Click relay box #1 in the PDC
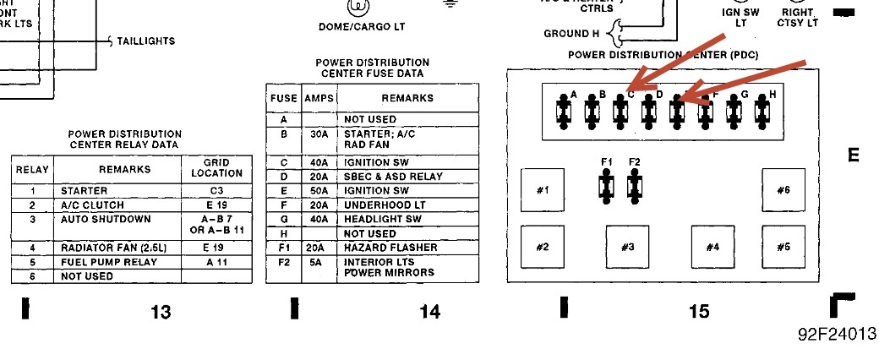tap(543, 189)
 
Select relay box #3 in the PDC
tap(627, 247)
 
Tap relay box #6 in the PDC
tap(783, 189)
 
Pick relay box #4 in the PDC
tap(712, 247)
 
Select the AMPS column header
tap(319, 98)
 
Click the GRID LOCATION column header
tap(216, 167)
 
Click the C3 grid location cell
tap(216, 191)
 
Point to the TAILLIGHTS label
tap(146, 41)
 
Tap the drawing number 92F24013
tap(837, 334)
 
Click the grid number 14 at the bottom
tap(429, 312)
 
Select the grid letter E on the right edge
tap(853, 155)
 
